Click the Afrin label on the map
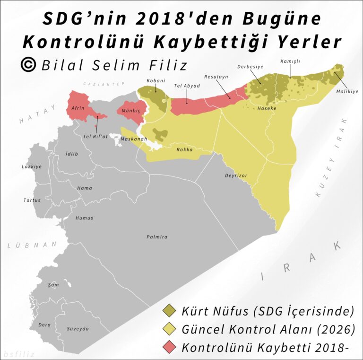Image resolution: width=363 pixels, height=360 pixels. pyautogui.click(x=78, y=108)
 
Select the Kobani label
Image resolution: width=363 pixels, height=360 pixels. pyautogui.click(x=156, y=80)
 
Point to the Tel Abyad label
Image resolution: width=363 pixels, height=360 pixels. pyautogui.click(x=187, y=86)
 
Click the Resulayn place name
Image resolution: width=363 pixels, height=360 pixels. pyautogui.click(x=216, y=77)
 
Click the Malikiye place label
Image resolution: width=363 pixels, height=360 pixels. pyautogui.click(x=347, y=92)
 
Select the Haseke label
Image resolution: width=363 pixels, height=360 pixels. pyautogui.click(x=267, y=108)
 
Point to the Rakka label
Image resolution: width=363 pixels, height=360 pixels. pyautogui.click(x=184, y=150)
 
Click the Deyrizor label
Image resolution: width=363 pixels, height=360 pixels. pyautogui.click(x=236, y=176)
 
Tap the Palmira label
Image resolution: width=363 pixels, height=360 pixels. pyautogui.click(x=156, y=237)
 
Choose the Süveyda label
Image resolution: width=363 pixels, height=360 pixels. pyautogui.click(x=78, y=329)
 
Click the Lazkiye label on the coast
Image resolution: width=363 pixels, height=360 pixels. pyautogui.click(x=32, y=167)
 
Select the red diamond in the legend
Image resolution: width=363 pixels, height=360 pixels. pyautogui.click(x=169, y=347)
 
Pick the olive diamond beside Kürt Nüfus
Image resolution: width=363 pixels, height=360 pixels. pyautogui.click(x=169, y=311)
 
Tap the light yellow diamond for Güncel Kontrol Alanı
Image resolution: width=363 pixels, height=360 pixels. pyautogui.click(x=169, y=329)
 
